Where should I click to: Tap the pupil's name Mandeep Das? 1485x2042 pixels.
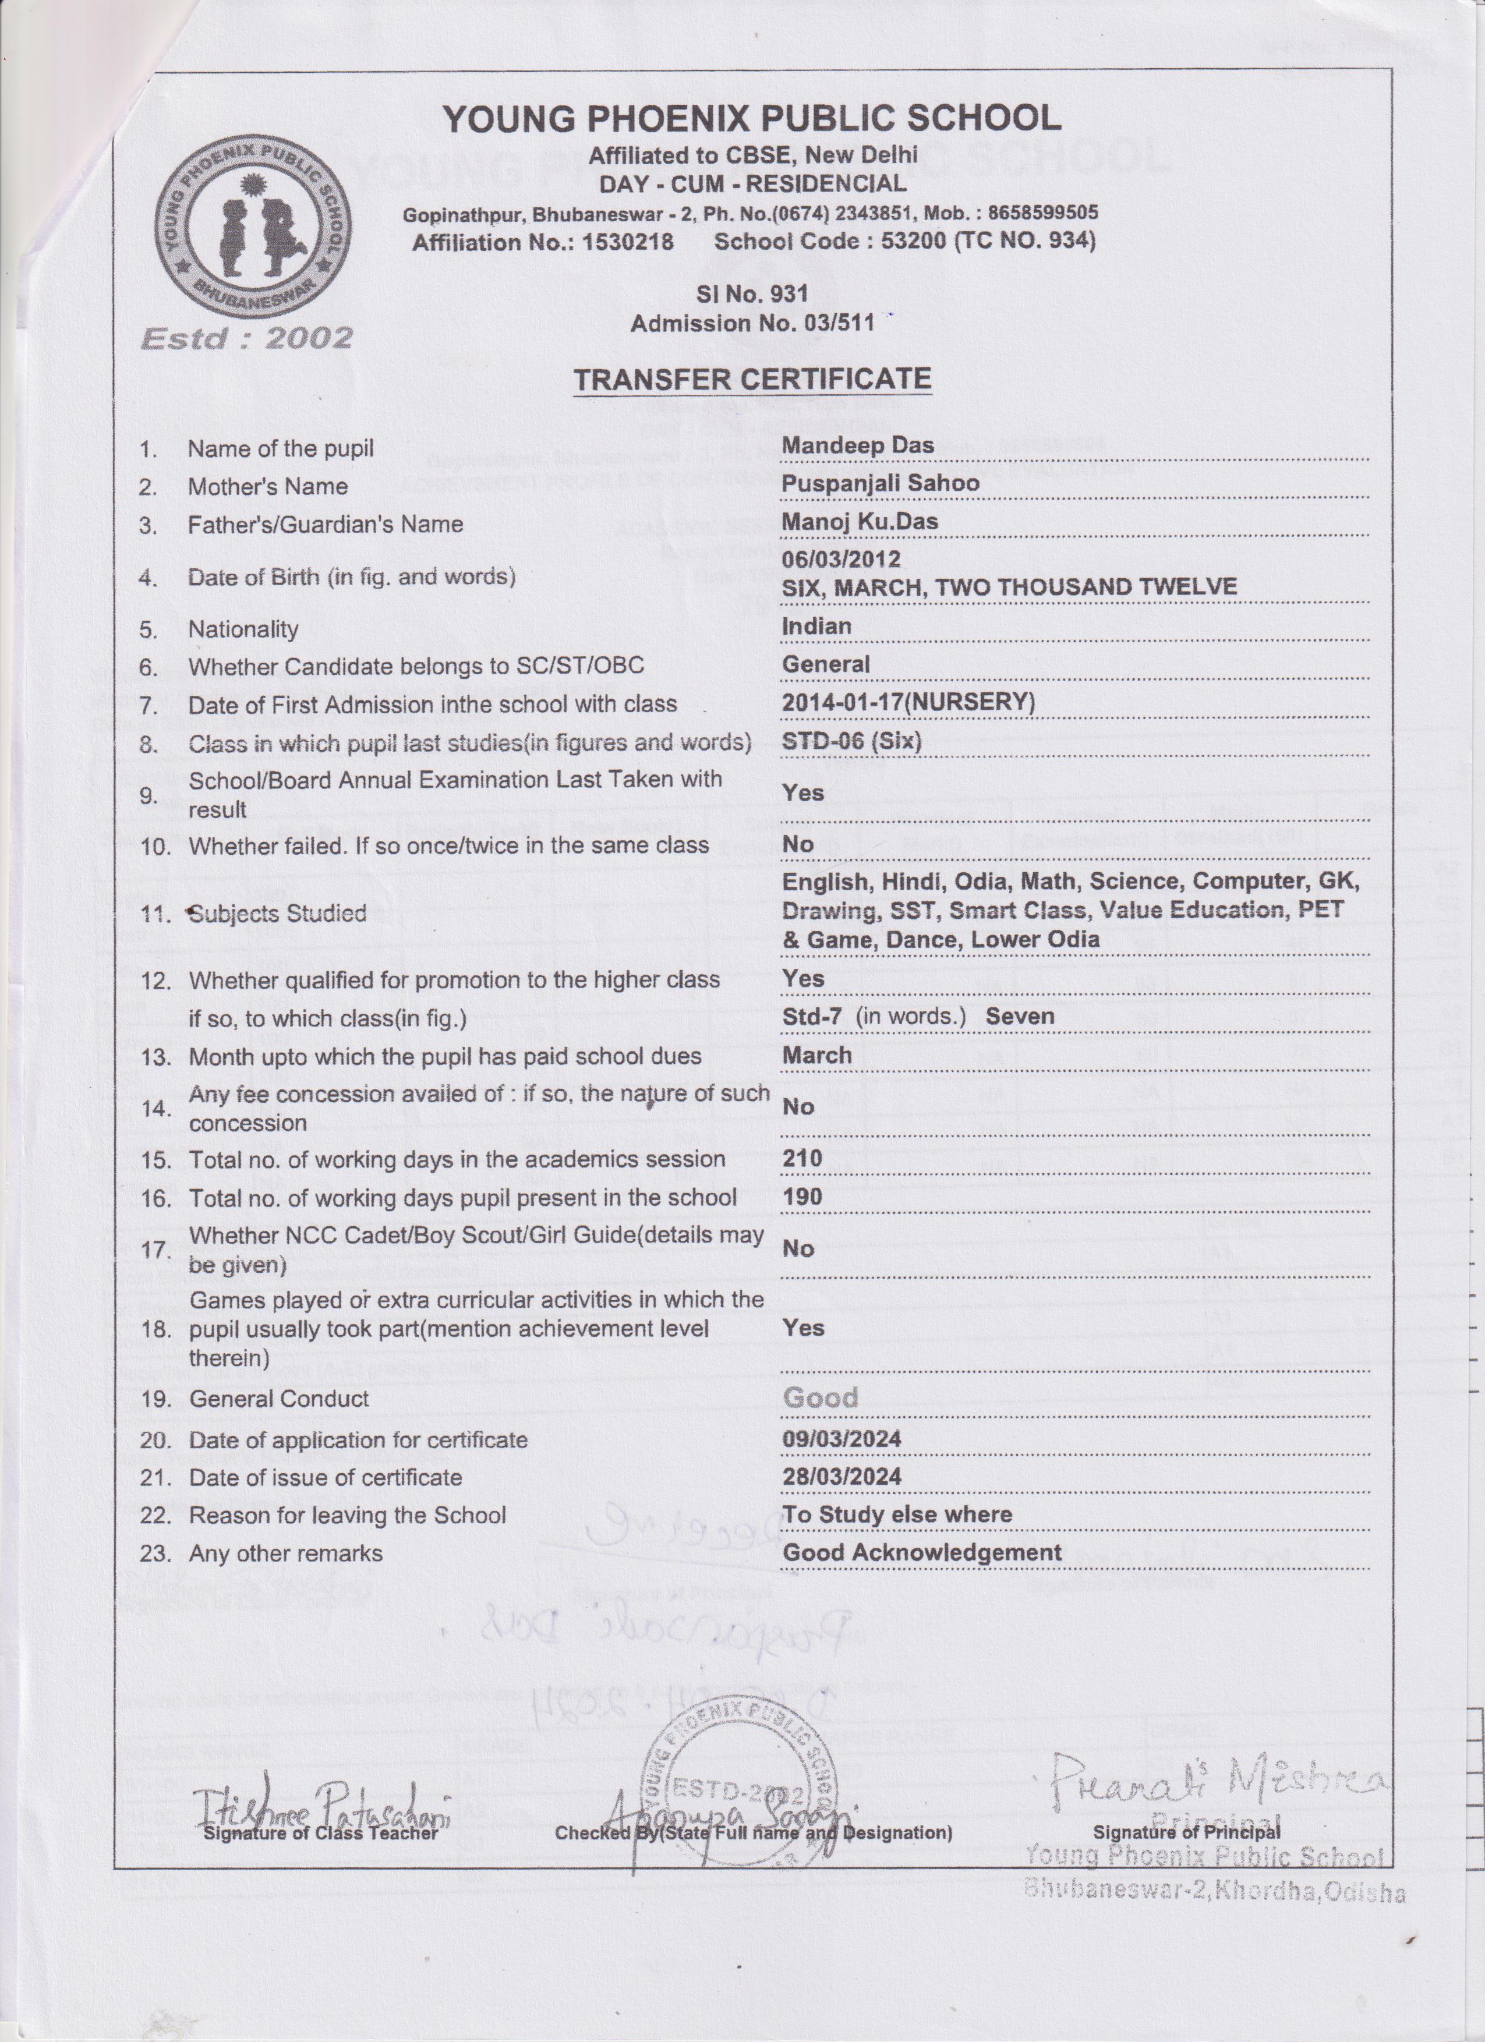[857, 445]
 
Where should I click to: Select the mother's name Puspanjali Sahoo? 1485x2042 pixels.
[880, 483]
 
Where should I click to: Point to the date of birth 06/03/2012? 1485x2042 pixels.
[841, 558]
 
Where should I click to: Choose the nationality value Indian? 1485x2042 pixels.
[816, 626]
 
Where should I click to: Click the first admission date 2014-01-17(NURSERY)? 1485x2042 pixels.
[908, 702]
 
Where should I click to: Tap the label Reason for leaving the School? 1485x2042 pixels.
[348, 1514]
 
